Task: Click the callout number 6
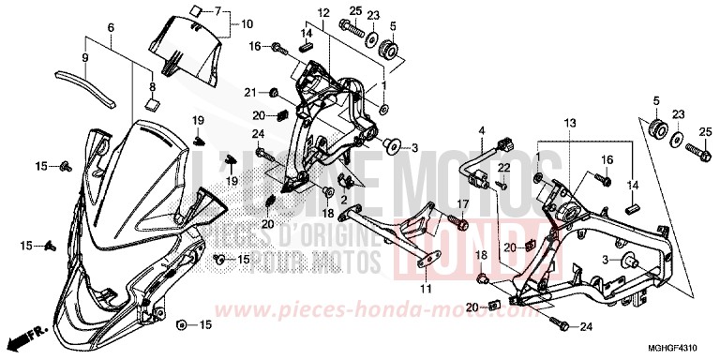[111, 29]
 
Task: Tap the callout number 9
[85, 57]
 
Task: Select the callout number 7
[217, 10]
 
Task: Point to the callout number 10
[247, 23]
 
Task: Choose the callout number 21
[250, 91]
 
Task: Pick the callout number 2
[344, 198]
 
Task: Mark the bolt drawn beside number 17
[463, 222]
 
